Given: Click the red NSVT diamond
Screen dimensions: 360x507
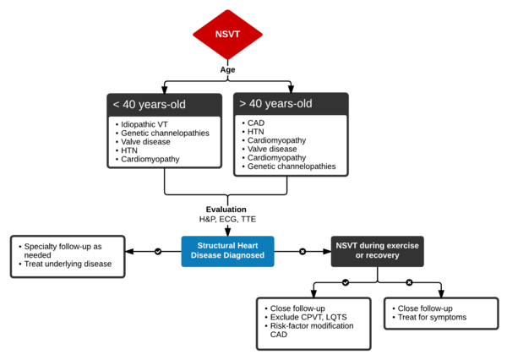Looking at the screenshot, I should click(227, 35).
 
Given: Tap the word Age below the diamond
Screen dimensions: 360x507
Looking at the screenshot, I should click(227, 71).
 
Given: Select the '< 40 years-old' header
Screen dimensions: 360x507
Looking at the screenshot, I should click(150, 105).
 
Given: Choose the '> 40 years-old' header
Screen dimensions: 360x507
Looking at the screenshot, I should click(276, 104).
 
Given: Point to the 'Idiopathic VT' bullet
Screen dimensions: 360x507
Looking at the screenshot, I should click(147, 125).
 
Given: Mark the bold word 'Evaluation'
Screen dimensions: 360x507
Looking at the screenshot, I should click(226, 209).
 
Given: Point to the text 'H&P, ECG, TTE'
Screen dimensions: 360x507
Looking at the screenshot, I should click(226, 220).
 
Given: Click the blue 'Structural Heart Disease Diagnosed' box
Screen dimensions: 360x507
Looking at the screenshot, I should click(227, 251).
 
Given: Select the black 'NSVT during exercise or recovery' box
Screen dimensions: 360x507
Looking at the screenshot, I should click(377, 251).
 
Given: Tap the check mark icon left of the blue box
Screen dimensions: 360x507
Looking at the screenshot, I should click(157, 251).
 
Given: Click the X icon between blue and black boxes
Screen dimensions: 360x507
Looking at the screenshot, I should click(303, 251).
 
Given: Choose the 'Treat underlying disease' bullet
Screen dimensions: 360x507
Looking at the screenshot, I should click(68, 264).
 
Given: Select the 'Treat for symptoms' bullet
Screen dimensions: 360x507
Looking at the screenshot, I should click(433, 318).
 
